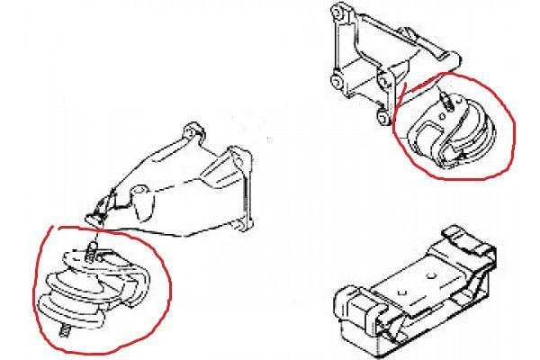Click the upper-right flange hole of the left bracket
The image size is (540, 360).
(x=235, y=157)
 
